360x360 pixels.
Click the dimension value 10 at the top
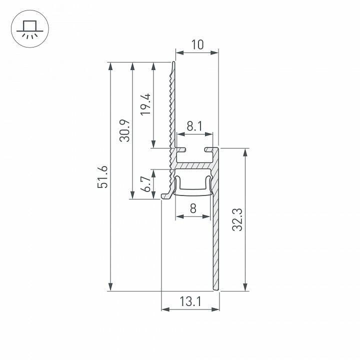tap(197, 44)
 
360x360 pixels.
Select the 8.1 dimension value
tap(194, 127)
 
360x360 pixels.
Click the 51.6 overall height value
tap(103, 176)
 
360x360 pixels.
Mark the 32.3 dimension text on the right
tap(237, 219)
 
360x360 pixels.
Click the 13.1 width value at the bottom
tap(190, 301)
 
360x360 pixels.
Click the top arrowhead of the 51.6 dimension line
tap(110, 66)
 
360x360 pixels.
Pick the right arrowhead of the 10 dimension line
tap(215, 52)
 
